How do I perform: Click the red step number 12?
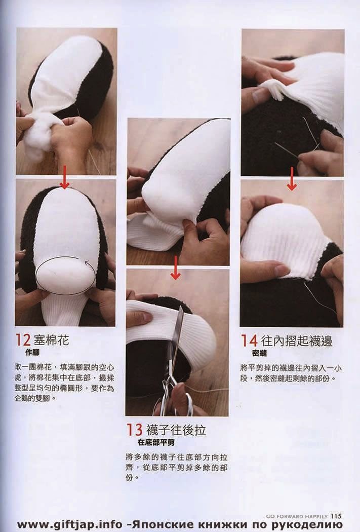coord(23,340)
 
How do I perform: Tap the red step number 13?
coord(134,430)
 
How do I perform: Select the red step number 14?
coord(249,340)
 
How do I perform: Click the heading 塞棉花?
coord(51,340)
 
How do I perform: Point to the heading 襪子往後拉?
coord(176,430)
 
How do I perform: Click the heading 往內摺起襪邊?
coord(297,340)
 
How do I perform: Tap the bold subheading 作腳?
coord(32,353)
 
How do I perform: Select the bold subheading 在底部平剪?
coord(156,442)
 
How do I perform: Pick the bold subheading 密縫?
coord(260,354)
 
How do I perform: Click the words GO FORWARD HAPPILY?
coord(297,516)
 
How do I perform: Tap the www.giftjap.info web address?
coord(69,524)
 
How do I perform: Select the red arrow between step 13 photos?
coord(175,268)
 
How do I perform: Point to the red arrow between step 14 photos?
coord(292,178)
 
